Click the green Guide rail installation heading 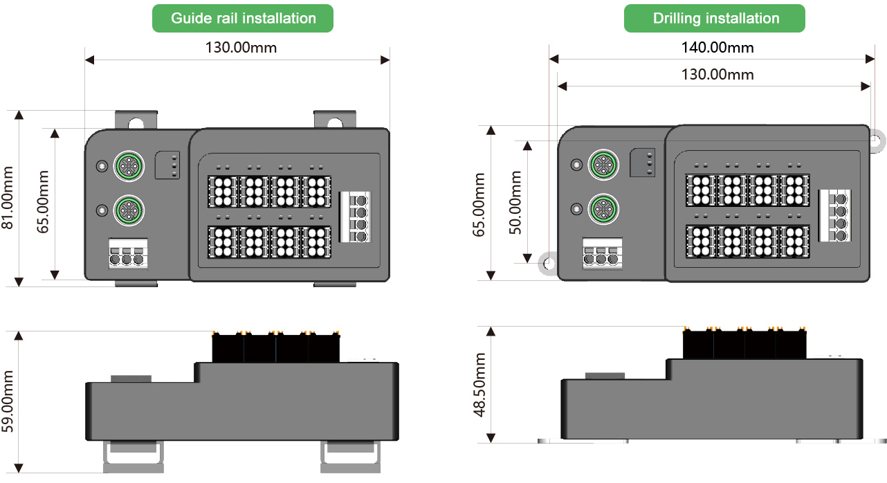243,19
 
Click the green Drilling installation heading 715,19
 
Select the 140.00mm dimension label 717,48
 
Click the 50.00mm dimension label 516,202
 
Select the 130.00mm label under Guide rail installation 241,48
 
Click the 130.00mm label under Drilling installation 717,74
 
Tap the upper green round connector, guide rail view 128,165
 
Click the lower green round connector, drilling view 601,207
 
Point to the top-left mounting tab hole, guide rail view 136,123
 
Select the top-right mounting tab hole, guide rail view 335,123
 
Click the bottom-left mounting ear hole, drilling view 549,264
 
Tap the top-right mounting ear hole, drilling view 875,140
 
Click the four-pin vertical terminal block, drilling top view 834,215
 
